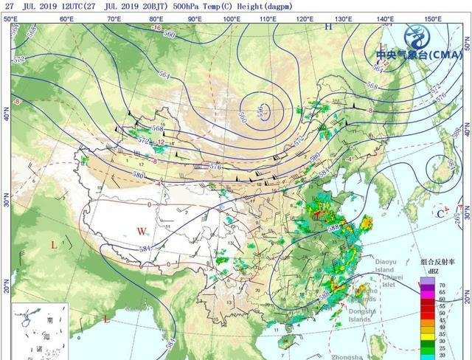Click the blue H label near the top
click(330, 27)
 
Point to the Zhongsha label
click(349, 356)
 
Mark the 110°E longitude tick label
click(269, 18)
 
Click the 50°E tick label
click(10, 18)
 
